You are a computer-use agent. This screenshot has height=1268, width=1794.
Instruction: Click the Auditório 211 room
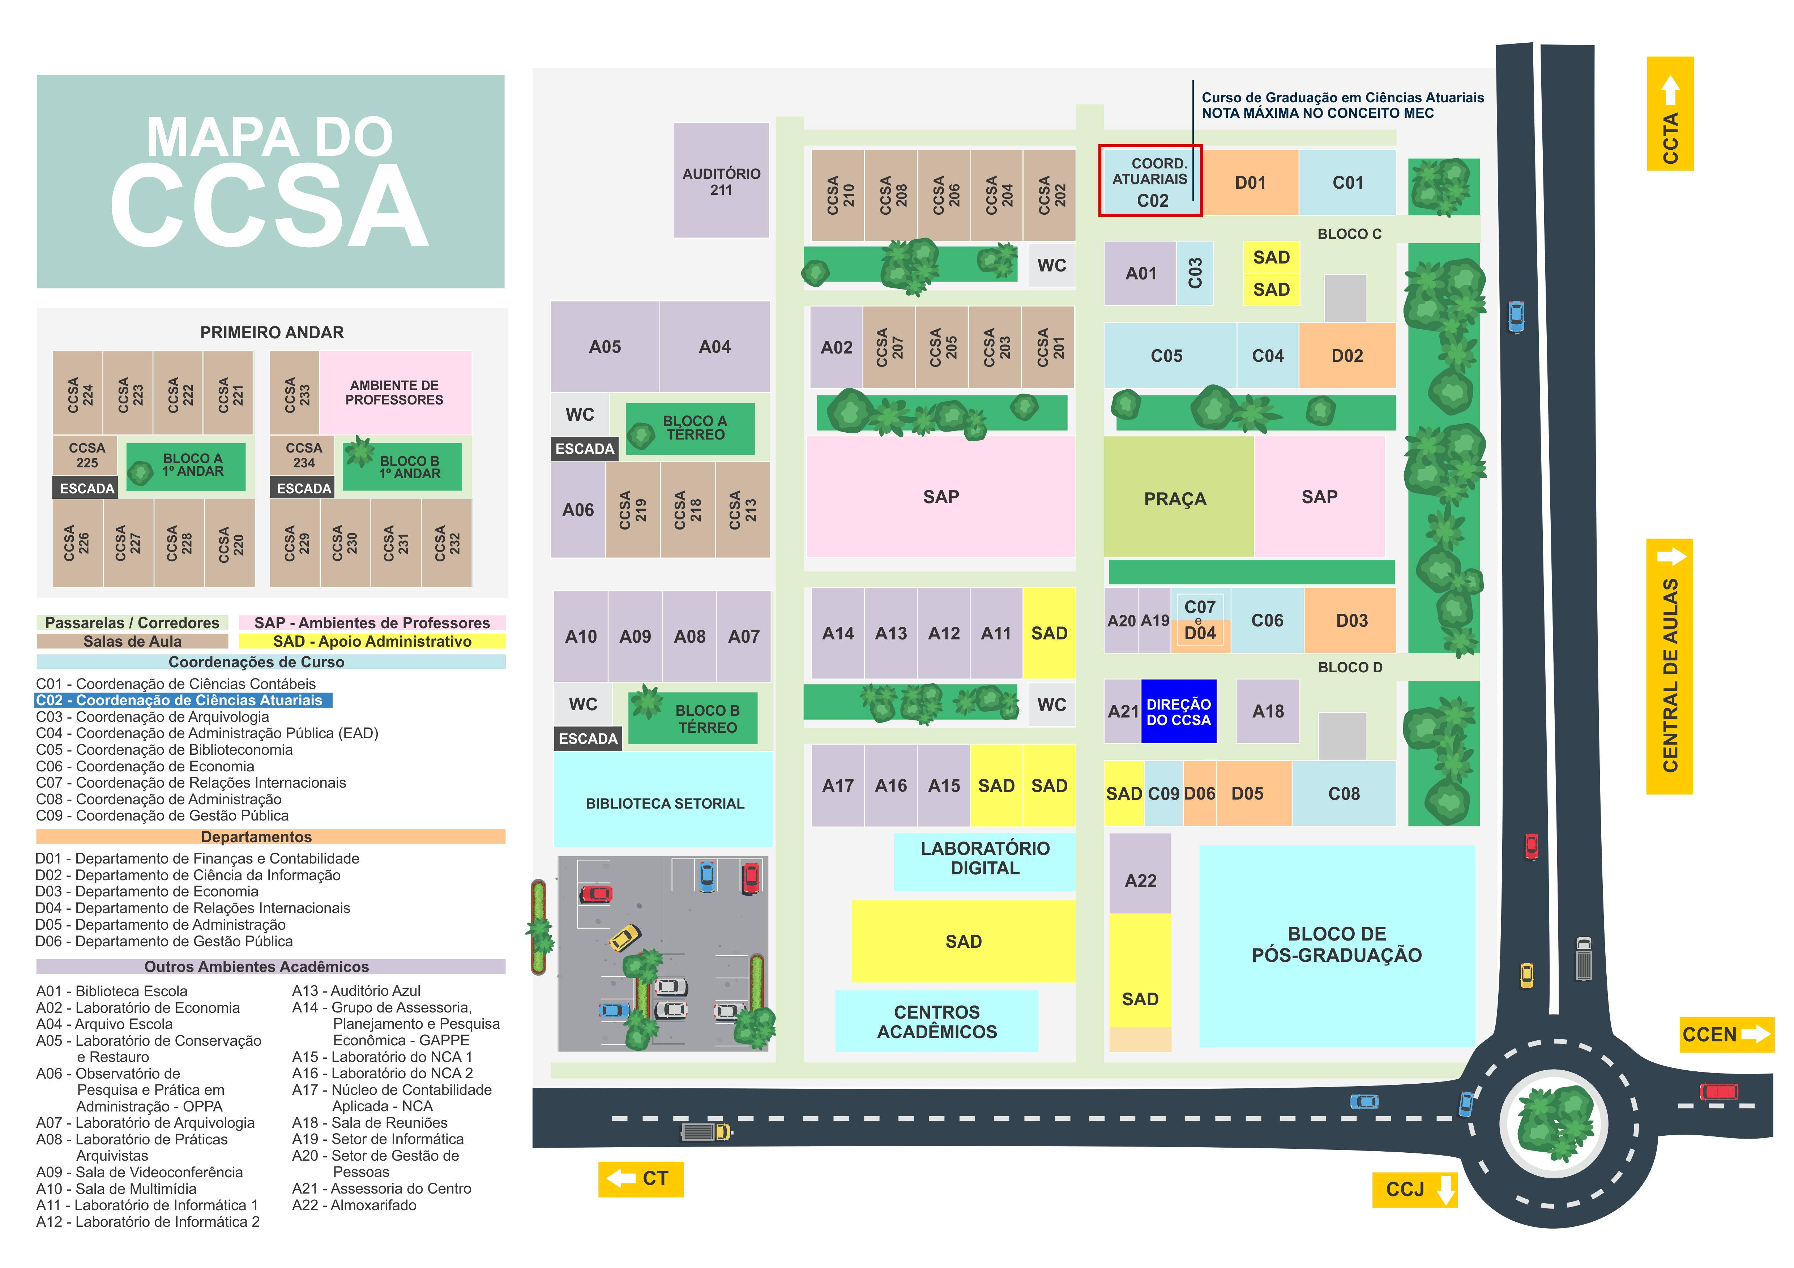click(721, 180)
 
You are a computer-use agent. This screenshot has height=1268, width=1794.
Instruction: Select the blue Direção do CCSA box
click(1178, 712)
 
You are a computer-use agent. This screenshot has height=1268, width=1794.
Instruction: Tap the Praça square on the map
click(1176, 498)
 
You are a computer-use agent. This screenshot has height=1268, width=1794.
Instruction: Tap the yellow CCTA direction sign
click(1670, 113)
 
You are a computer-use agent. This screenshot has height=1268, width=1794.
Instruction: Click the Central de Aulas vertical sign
click(1670, 667)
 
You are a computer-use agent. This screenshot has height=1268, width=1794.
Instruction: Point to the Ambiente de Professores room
click(394, 392)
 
